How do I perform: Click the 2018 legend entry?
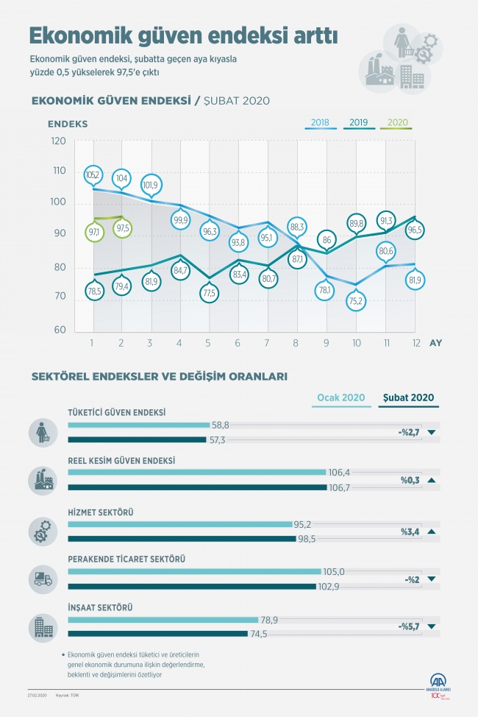click(319, 122)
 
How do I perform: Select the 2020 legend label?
click(397, 122)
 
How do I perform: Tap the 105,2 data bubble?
click(93, 174)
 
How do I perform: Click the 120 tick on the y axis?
click(58, 141)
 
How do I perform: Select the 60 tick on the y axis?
click(58, 331)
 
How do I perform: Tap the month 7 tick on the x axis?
click(266, 342)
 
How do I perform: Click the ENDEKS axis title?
click(68, 124)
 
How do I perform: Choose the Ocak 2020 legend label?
click(341, 398)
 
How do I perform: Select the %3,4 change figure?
click(410, 531)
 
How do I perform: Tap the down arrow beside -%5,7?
click(431, 627)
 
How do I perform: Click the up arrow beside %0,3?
click(431, 481)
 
